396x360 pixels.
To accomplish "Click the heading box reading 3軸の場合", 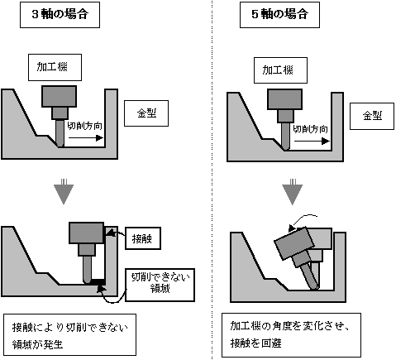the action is pyautogui.click(x=60, y=15).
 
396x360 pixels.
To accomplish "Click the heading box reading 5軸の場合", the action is pyautogui.click(x=279, y=15).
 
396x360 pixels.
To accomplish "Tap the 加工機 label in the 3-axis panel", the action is pyautogui.click(x=55, y=67).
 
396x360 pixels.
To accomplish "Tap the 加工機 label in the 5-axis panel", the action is pyautogui.click(x=280, y=70).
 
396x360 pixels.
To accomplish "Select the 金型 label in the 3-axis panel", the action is pyautogui.click(x=146, y=113).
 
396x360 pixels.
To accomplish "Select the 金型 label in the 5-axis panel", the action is pyautogui.click(x=372, y=116).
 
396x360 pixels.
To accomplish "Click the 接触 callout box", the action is pyautogui.click(x=143, y=238).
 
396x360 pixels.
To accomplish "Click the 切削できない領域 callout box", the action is pyautogui.click(x=160, y=285).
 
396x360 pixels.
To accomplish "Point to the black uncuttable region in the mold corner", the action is pyautogui.click(x=98, y=281).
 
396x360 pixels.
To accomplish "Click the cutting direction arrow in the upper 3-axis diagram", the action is pyautogui.click(x=86, y=138).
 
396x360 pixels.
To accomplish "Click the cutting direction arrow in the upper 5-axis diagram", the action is pyautogui.click(x=312, y=142).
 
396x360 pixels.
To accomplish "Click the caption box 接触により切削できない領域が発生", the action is pyautogui.click(x=70, y=334).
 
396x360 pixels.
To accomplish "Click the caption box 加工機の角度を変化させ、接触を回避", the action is pyautogui.click(x=291, y=335).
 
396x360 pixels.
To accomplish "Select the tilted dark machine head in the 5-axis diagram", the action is pyautogui.click(x=294, y=243).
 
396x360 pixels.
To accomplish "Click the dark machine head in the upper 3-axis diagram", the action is pyautogui.click(x=60, y=96).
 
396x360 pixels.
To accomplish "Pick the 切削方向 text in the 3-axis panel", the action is pyautogui.click(x=85, y=126).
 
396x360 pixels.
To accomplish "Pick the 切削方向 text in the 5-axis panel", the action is pyautogui.click(x=310, y=129).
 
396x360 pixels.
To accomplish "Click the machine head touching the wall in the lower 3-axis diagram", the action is pyautogui.click(x=87, y=233).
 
